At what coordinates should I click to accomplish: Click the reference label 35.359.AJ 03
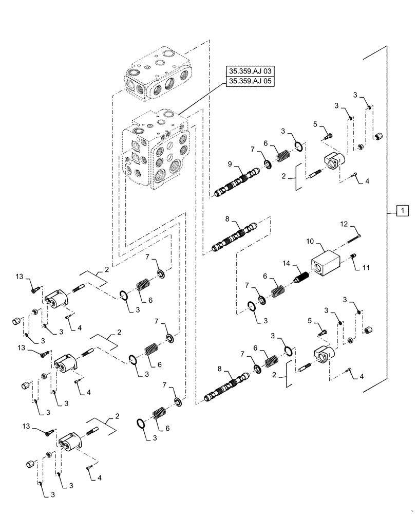coord(249,71)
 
